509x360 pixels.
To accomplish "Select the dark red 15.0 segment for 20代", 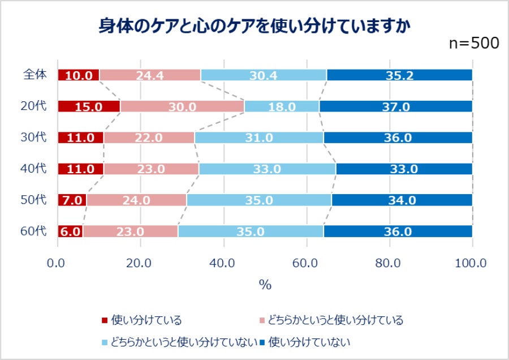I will click(89, 106).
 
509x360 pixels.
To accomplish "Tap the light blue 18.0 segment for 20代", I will click(282, 106).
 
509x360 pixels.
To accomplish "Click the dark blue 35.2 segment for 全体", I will click(399, 75).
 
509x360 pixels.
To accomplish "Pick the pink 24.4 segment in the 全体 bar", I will click(150, 75).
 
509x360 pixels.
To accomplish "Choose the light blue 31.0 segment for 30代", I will click(259, 138).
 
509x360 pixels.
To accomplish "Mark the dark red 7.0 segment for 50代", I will click(72, 200).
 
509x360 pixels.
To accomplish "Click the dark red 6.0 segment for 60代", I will click(70, 231).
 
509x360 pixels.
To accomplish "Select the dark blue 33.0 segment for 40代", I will click(404, 169).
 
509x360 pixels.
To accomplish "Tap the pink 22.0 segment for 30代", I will click(149, 138).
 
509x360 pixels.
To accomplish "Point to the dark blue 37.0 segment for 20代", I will click(395, 106).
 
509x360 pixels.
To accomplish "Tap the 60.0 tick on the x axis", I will click(306, 263).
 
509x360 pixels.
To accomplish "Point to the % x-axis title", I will click(265, 285).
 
